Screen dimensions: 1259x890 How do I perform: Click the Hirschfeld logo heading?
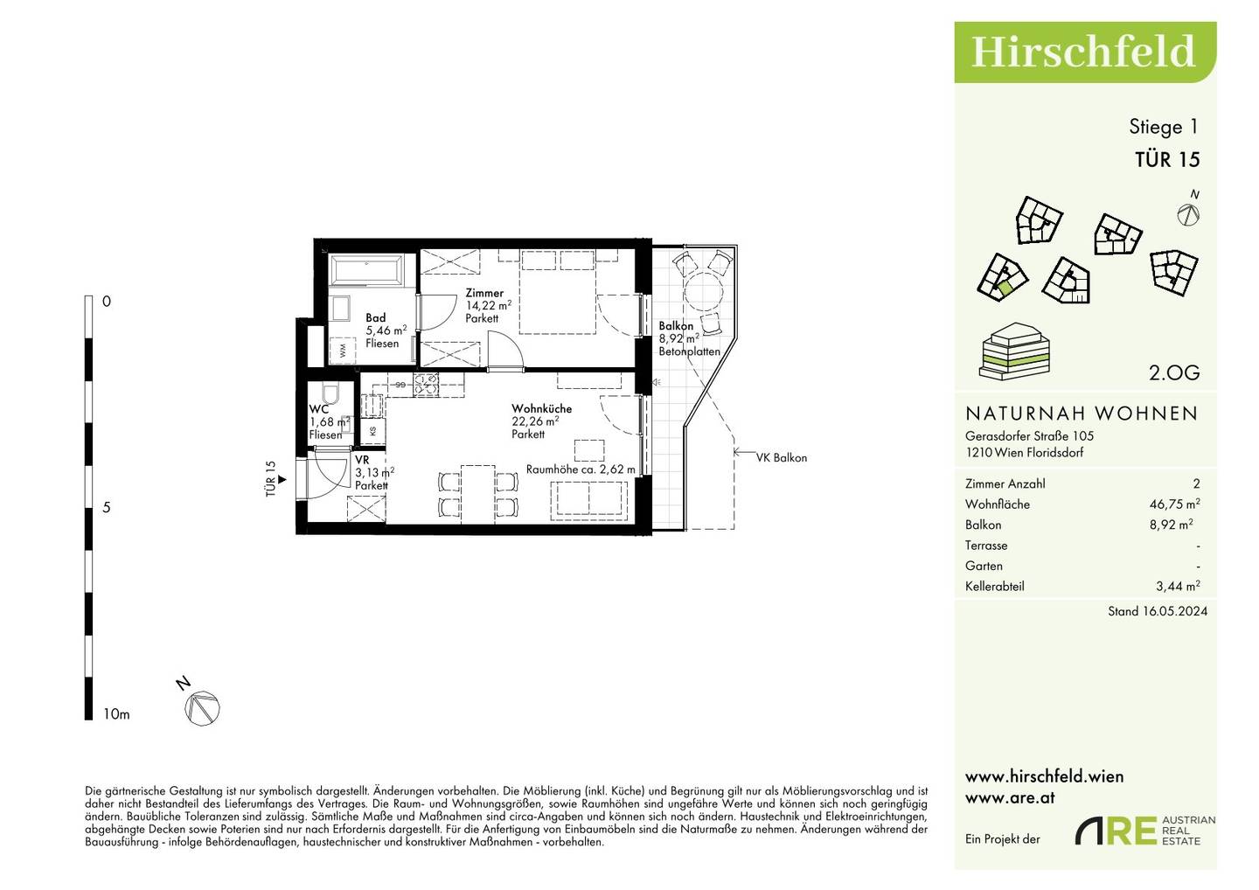pyautogui.click(x=1082, y=52)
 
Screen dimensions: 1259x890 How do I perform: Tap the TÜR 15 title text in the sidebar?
pyautogui.click(x=1167, y=160)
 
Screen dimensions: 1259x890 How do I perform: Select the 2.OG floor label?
pyautogui.click(x=1174, y=372)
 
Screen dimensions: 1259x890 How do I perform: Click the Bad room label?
pyautogui.click(x=375, y=318)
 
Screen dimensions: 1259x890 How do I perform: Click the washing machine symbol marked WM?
pyautogui.click(x=343, y=351)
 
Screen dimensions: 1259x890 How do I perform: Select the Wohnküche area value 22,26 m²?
pyautogui.click(x=535, y=421)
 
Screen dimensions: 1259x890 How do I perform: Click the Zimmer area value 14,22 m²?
pyautogui.click(x=489, y=305)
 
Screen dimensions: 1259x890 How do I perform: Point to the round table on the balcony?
pyautogui.click(x=703, y=292)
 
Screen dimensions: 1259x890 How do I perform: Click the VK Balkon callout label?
pyautogui.click(x=782, y=458)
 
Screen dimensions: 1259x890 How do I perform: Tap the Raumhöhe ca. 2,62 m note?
pyautogui.click(x=581, y=469)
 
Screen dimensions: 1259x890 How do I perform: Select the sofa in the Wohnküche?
pyautogui.click(x=589, y=500)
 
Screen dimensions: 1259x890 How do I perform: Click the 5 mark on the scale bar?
pyautogui.click(x=107, y=507)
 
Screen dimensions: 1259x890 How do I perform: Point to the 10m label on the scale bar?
pyautogui.click(x=116, y=714)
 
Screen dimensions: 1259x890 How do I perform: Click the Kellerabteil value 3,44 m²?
pyautogui.click(x=1178, y=586)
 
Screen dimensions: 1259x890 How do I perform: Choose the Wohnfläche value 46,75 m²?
pyautogui.click(x=1175, y=504)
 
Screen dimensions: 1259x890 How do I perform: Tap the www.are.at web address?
pyautogui.click(x=1010, y=798)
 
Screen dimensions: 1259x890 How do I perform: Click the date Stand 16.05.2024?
pyautogui.click(x=1158, y=611)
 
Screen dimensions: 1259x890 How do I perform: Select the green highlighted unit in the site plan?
pyautogui.click(x=1005, y=289)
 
